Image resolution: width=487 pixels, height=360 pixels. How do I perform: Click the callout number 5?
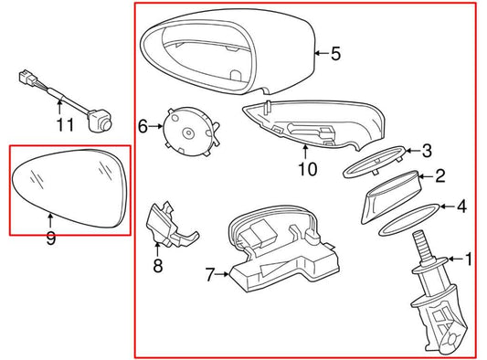[x=335, y=53]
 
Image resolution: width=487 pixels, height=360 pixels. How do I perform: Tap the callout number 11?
[x=65, y=125]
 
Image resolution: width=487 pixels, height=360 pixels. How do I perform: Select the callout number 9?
[x=51, y=238]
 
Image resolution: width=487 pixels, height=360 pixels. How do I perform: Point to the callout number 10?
[x=308, y=169]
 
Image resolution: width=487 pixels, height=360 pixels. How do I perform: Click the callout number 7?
[x=210, y=275]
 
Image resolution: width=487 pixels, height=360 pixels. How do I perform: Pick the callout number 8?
[x=158, y=266]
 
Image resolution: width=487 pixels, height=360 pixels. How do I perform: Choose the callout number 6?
[x=143, y=126]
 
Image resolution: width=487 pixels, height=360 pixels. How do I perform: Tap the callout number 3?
[x=428, y=151]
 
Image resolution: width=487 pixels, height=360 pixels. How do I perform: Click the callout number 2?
[x=440, y=176]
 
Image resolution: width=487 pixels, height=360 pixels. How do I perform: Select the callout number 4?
[x=462, y=206]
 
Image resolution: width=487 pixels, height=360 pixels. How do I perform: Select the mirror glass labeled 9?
[x=69, y=188]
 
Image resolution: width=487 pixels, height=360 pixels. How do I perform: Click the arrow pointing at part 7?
[x=222, y=274]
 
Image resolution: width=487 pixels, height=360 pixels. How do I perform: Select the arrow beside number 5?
[x=322, y=53]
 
